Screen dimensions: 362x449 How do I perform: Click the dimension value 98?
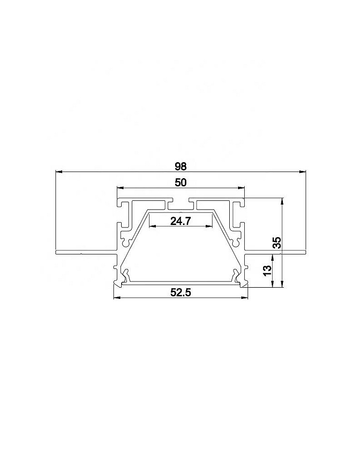click(x=181, y=167)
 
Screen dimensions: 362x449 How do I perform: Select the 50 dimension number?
click(x=181, y=182)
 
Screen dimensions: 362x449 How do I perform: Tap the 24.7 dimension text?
click(x=181, y=221)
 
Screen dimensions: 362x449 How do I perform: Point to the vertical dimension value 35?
click(x=277, y=242)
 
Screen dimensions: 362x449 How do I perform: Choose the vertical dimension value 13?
click(x=266, y=270)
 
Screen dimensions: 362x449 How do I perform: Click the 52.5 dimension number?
click(x=181, y=293)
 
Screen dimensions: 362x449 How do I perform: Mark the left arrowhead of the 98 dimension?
click(x=59, y=172)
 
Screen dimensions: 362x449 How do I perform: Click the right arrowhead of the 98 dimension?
click(x=303, y=172)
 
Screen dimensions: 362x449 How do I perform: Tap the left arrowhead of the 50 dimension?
click(x=121, y=188)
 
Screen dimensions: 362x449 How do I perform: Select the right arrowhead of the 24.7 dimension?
click(x=209, y=226)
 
